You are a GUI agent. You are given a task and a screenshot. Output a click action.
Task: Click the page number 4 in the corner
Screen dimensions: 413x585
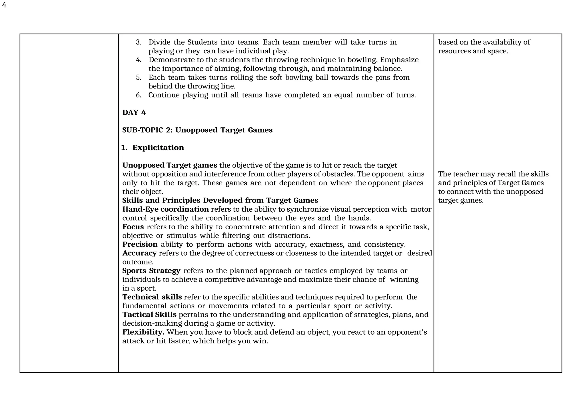[x=4, y=5]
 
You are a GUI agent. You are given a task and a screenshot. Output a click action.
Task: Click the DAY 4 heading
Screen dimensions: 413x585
[x=134, y=112]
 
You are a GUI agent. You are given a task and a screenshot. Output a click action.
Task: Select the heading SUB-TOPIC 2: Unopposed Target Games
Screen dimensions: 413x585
[x=197, y=130]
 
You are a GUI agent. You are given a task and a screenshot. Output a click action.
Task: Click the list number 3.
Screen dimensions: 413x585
[x=138, y=42]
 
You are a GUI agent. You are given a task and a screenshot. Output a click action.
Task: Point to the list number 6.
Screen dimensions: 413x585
[x=138, y=95]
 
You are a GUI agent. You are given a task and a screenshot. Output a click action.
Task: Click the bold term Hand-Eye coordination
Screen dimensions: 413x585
[x=165, y=209]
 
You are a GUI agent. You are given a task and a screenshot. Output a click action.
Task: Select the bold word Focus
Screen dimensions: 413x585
[x=133, y=227]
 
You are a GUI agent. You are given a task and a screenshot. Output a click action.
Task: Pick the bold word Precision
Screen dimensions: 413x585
[x=140, y=244]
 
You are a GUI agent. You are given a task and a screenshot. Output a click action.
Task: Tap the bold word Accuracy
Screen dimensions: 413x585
[x=139, y=253]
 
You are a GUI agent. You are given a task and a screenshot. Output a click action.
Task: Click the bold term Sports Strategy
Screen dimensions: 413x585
[x=151, y=271]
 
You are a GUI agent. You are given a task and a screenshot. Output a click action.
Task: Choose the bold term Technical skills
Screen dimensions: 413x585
[x=152, y=297]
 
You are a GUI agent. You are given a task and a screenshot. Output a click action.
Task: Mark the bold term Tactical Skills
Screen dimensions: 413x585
[x=149, y=315]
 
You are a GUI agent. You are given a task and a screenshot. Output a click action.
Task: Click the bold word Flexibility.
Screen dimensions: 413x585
[x=143, y=332]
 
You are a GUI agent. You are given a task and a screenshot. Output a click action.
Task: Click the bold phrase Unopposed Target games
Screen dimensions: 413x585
[x=170, y=165]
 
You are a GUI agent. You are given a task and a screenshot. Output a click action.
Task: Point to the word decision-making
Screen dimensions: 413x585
[x=152, y=323]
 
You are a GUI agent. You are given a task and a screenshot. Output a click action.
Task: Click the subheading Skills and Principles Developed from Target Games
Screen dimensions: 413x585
[x=220, y=200]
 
